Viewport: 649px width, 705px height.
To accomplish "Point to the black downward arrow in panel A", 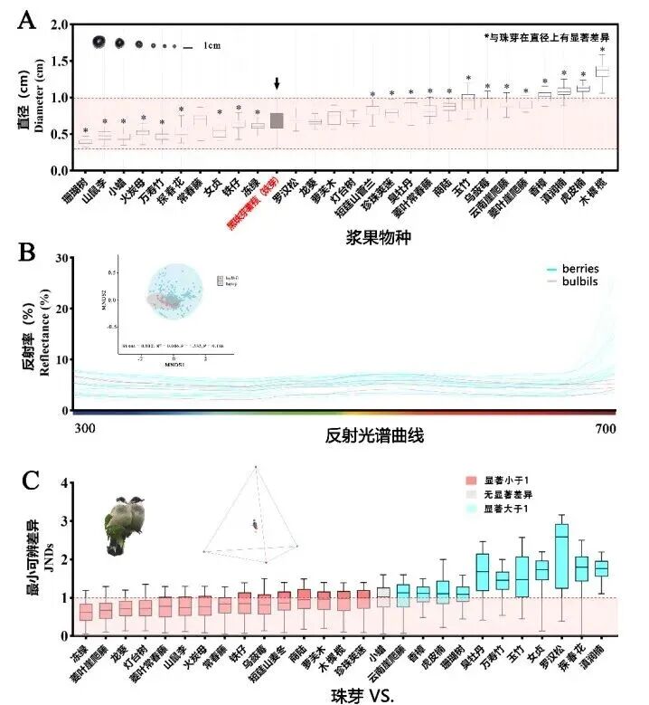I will (277, 83).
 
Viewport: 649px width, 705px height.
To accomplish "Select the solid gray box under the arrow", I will (277, 121).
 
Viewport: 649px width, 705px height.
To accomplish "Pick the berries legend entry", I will (592, 269).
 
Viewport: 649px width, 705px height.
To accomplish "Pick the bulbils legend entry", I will (592, 282).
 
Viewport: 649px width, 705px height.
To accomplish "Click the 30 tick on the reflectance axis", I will (63, 258).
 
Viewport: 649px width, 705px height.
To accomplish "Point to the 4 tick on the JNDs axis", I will (63, 483).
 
